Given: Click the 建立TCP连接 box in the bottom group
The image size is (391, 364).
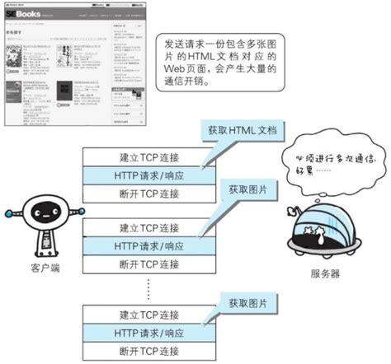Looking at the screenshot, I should point(148,314).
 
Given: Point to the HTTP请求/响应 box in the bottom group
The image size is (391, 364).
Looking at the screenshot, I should point(148,332).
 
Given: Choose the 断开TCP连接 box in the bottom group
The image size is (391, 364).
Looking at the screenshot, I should point(148,351).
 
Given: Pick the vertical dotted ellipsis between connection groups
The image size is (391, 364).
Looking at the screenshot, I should point(148,288).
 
